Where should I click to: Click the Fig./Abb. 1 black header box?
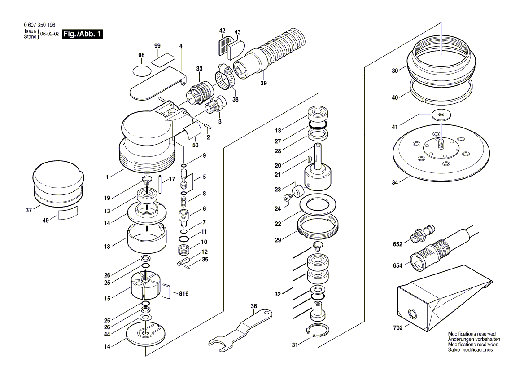click(x=82, y=34)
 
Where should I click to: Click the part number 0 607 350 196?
click(x=39, y=26)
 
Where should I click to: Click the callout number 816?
click(x=183, y=294)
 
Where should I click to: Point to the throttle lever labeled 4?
click(x=157, y=83)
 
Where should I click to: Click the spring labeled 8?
click(x=184, y=198)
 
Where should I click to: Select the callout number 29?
click(x=278, y=240)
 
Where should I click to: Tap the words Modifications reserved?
click(x=472, y=334)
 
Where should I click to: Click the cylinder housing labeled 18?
click(x=147, y=238)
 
